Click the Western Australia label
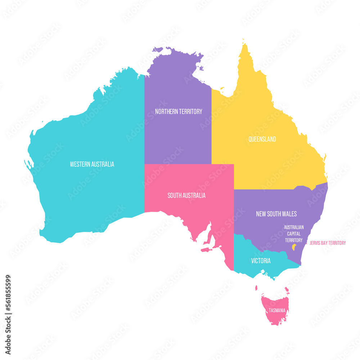tap(92, 164)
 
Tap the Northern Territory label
tap(179, 112)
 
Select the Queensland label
tap(262, 139)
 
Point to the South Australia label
tap(186, 195)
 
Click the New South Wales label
tap(276, 214)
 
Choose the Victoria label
tap(261, 261)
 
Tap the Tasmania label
tap(277, 310)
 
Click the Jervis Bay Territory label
tap(328, 243)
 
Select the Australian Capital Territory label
tap(294, 233)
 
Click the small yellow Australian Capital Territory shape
tap(294, 247)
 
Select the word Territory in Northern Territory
tap(190, 112)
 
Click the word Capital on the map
tap(294, 233)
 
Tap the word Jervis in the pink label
tap(315, 243)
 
